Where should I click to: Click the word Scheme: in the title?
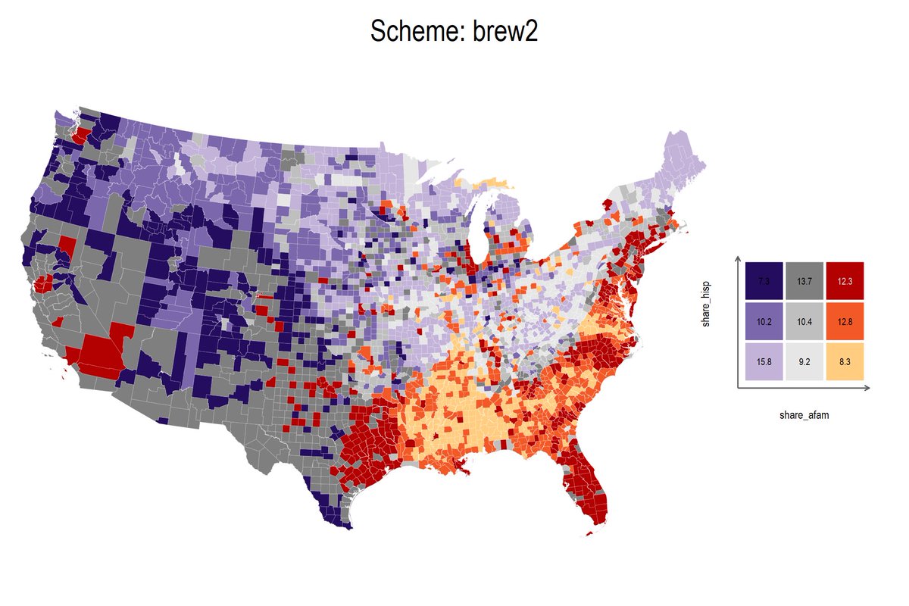point(417,33)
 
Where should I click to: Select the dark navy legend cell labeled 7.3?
point(764,281)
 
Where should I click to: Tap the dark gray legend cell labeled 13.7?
point(804,281)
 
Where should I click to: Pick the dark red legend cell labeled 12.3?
point(845,281)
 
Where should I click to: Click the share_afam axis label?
point(804,415)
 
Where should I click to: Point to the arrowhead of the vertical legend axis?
point(738,259)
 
